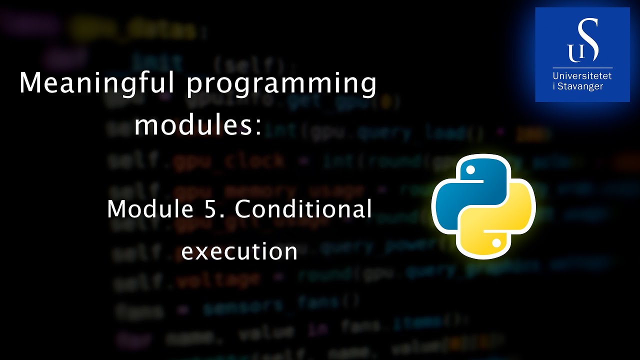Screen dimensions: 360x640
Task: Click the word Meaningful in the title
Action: click(97, 83)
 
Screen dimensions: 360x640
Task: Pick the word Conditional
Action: click(303, 208)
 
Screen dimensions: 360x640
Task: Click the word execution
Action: click(239, 250)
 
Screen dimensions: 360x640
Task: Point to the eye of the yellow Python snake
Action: click(496, 243)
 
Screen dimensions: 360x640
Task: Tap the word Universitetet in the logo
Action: click(582, 76)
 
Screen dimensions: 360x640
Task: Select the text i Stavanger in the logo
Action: click(578, 86)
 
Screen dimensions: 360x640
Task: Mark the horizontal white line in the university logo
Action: click(582, 67)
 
